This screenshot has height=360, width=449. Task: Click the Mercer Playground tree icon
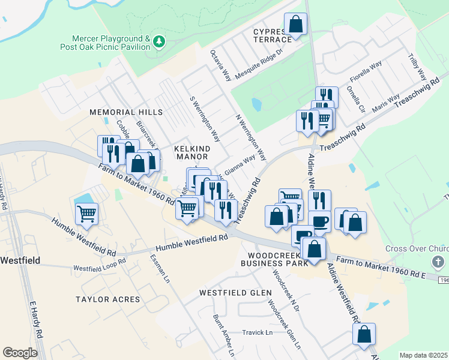click(159, 41)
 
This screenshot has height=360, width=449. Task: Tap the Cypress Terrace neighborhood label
click(273, 35)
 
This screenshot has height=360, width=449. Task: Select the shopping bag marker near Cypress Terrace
click(295, 24)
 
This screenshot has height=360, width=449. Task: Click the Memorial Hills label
click(126, 112)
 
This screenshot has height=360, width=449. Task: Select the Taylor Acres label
click(107, 299)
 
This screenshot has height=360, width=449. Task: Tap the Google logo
click(20, 353)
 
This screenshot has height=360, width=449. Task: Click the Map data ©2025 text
click(423, 355)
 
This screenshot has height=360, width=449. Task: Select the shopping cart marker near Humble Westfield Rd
click(87, 214)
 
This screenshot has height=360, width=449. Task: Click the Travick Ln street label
click(257, 332)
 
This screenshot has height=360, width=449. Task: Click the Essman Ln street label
click(160, 271)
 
